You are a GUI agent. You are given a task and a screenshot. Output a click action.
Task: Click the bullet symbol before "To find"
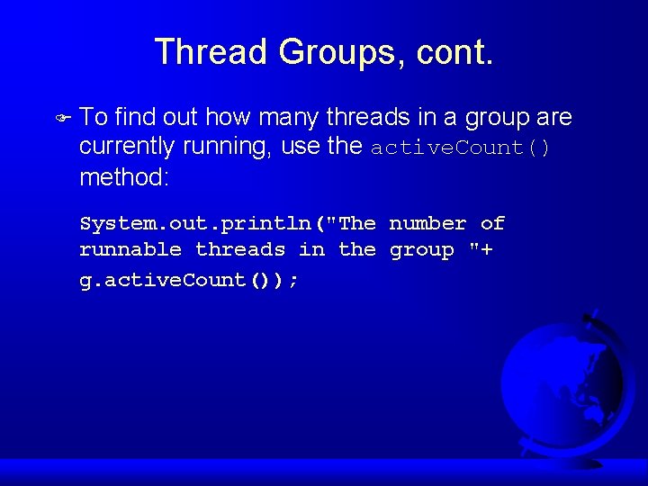point(62,117)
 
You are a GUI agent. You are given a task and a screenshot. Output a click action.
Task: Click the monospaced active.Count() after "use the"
point(461,148)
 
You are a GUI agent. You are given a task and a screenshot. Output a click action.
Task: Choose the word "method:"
point(125,176)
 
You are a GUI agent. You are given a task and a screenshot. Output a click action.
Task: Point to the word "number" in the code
point(427,223)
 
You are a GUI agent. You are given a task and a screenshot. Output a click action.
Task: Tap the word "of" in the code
point(492,223)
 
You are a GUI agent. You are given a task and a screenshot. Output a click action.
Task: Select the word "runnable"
point(130,250)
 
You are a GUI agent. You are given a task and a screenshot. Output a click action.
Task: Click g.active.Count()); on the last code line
point(189,280)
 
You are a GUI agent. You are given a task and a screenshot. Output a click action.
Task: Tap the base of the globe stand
point(576,461)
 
